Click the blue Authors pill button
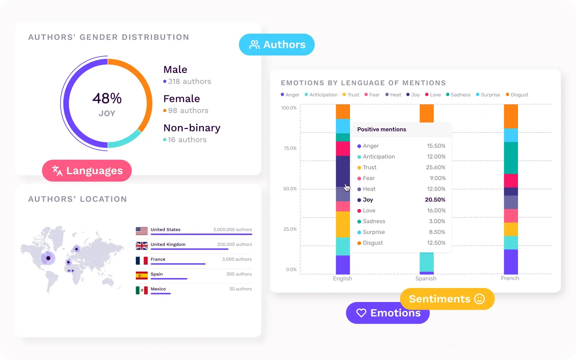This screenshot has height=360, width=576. pos(277,45)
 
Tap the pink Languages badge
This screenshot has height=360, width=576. pos(87,171)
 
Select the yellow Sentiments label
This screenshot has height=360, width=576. pos(447,299)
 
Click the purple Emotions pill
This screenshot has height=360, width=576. pos(388,313)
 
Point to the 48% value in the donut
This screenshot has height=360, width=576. pos(107,98)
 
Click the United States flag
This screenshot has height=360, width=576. pos(142,230)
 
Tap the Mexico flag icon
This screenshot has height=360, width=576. pos(142,290)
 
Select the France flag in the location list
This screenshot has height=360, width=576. pos(142,260)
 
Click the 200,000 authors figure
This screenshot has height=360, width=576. pos(234,244)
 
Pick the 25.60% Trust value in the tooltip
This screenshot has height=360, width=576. pos(435,167)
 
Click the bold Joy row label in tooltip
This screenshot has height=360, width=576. pos(368,200)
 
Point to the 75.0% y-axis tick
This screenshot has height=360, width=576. pos(290,148)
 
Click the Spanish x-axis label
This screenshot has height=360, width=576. pos(426,279)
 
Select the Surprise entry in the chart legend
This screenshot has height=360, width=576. pos(490,95)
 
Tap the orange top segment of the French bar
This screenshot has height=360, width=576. pos(511,116)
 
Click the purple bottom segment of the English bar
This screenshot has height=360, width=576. pos(343,265)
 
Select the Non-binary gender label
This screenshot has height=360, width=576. pos(192,128)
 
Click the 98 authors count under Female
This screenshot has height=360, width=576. pos(188,111)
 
